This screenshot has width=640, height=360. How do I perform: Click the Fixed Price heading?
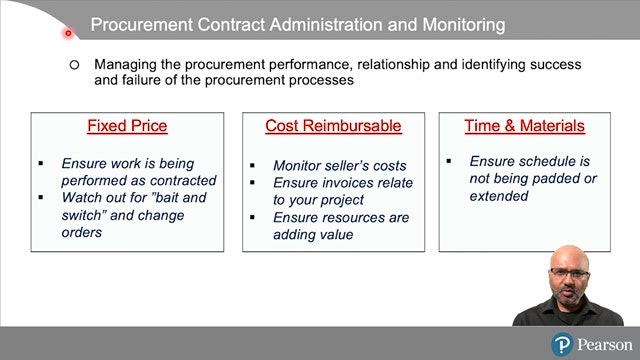(127, 126)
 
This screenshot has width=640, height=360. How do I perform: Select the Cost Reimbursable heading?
(333, 126)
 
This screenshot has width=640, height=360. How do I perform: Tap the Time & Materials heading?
(524, 126)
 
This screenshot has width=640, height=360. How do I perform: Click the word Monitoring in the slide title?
(464, 25)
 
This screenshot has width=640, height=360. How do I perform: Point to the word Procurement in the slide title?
(142, 24)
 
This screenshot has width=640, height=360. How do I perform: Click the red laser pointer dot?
(68, 33)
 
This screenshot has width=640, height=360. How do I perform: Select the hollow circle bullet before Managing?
(74, 64)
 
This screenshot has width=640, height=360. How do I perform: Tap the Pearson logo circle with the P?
(562, 344)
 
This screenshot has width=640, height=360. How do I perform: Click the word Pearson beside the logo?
(605, 345)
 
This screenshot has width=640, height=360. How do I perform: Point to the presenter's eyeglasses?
(569, 273)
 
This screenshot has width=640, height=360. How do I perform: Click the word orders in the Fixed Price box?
(82, 232)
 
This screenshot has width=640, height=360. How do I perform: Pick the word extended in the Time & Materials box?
(499, 196)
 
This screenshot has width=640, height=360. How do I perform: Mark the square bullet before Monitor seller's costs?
(252, 165)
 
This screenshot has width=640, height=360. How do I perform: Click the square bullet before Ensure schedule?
(449, 161)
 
